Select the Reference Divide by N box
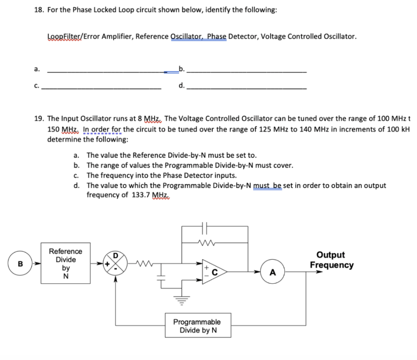click(66, 263)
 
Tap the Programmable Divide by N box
click(197, 325)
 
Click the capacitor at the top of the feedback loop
click(205, 226)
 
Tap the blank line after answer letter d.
click(248, 88)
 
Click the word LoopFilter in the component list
click(65, 36)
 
